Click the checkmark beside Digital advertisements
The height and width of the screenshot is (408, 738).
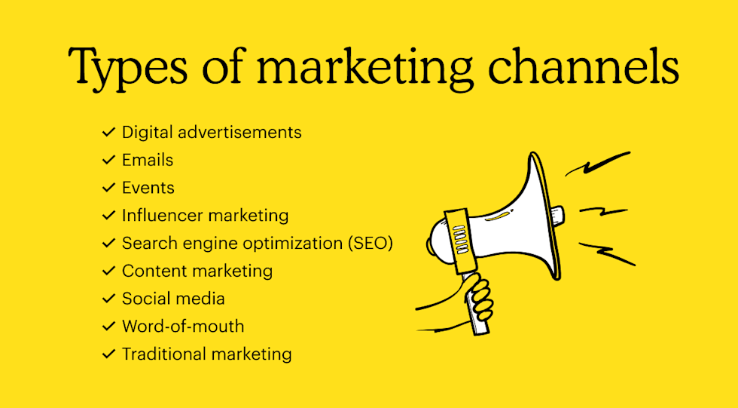click(108, 133)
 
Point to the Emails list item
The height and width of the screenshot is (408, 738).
click(148, 160)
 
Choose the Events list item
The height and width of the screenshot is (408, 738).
click(148, 188)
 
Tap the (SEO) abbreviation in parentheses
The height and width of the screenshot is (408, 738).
click(371, 243)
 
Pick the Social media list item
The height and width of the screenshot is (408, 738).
click(173, 299)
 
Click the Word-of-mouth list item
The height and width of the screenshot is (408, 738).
click(183, 326)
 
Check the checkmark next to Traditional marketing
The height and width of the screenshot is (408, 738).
click(108, 354)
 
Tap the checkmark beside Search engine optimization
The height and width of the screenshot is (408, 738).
click(108, 243)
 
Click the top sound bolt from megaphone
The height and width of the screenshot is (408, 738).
click(598, 164)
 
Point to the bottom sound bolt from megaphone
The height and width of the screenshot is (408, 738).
click(607, 253)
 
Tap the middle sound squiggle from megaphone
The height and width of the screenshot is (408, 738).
click(603, 212)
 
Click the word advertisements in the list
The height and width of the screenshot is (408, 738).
click(239, 133)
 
